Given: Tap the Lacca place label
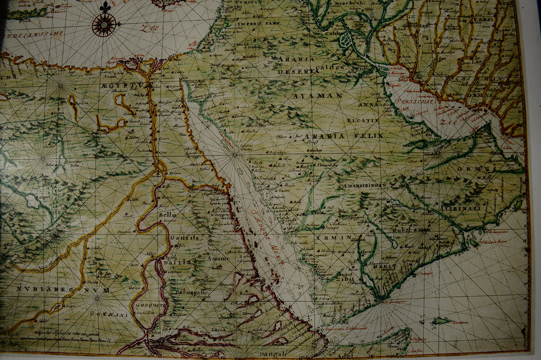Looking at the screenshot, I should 218,330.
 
